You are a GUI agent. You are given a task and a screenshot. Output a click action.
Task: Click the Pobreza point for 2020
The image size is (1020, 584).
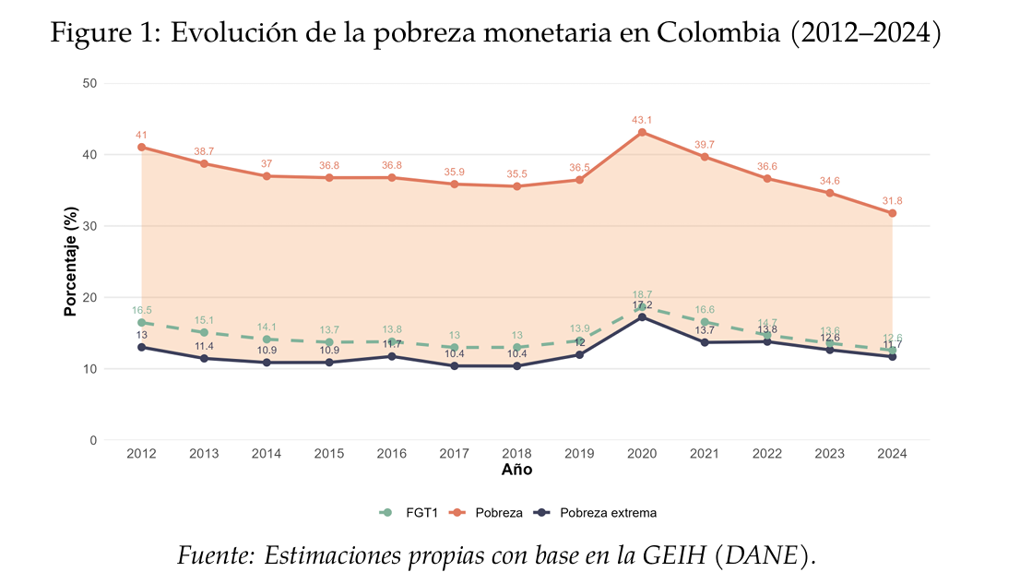pyautogui.click(x=642, y=132)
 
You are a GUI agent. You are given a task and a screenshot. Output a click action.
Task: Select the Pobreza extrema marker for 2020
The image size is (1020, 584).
pyautogui.click(x=642, y=317)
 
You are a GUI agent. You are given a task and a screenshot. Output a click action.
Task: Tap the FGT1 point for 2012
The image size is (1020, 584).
pyautogui.click(x=141, y=322)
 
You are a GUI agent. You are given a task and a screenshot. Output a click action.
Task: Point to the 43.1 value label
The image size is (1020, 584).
pyautogui.click(x=642, y=120)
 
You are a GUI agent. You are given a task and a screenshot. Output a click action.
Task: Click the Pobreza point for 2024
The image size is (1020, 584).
pyautogui.click(x=892, y=213)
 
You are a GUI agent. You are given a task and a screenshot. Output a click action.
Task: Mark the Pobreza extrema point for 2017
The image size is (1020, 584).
pyautogui.click(x=454, y=366)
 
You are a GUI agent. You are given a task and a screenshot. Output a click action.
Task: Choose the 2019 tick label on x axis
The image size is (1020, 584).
pyautogui.click(x=579, y=454)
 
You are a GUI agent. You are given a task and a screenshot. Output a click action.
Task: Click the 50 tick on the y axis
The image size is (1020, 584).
pyautogui.click(x=89, y=83)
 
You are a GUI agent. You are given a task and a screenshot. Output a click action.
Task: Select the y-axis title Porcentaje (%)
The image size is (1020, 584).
pyautogui.click(x=70, y=262)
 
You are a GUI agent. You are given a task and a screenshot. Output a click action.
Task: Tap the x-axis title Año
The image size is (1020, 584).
pyautogui.click(x=516, y=470)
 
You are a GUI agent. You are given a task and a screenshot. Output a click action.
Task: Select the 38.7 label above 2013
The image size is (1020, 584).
pyautogui.click(x=204, y=151)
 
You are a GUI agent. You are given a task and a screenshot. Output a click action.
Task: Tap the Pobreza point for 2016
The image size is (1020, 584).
pyautogui.click(x=392, y=177)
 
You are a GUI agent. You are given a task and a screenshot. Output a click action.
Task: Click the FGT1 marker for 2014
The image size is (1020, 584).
pyautogui.click(x=267, y=340)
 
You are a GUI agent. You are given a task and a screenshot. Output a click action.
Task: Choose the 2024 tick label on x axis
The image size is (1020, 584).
pyautogui.click(x=892, y=454)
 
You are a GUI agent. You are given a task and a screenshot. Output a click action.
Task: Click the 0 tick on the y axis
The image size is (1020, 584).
pyautogui.click(x=93, y=440)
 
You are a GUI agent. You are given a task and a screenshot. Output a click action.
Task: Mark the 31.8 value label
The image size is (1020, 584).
pyautogui.click(x=892, y=201)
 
